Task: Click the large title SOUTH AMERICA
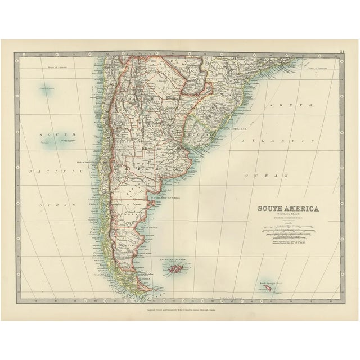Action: [x=288, y=210]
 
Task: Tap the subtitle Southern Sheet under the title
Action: [x=287, y=216]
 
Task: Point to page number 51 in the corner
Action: [x=341, y=52]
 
